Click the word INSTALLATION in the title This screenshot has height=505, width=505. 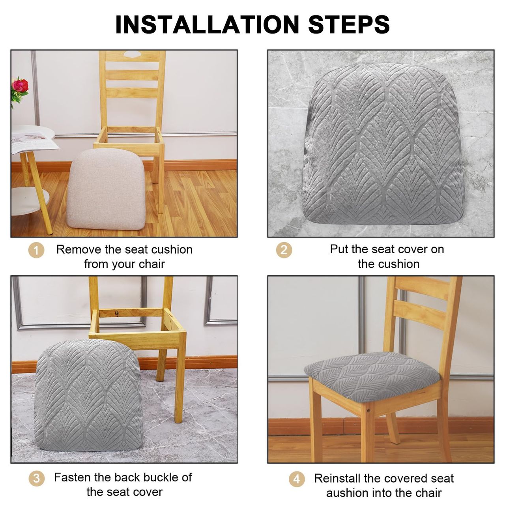(x=207, y=24)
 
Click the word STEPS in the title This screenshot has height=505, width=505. (x=349, y=24)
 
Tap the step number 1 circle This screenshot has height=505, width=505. (x=36, y=250)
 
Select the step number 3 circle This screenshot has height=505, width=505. (x=36, y=478)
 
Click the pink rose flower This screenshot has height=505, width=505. (x=21, y=86)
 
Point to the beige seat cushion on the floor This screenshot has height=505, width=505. (x=106, y=189)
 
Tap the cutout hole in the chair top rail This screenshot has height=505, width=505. (x=132, y=54)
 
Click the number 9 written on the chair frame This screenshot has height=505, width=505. (x=117, y=313)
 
